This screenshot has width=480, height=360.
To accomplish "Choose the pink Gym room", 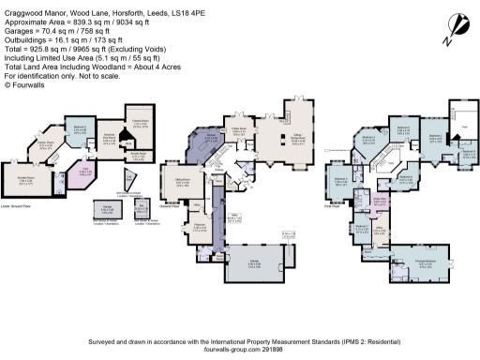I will [83, 172].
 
